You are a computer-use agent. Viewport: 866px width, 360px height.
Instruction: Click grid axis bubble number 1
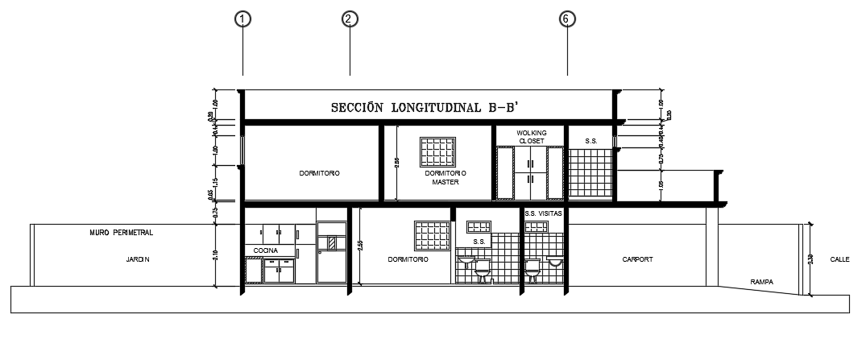(x=242, y=19)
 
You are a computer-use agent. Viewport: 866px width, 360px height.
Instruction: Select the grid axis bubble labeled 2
(x=349, y=19)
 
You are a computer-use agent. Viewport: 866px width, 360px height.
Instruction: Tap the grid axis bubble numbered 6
(x=568, y=19)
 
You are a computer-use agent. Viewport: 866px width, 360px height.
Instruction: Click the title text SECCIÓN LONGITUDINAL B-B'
(x=429, y=107)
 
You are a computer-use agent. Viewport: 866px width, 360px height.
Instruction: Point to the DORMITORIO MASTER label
(x=444, y=177)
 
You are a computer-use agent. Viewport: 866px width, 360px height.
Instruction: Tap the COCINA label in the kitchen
(x=266, y=250)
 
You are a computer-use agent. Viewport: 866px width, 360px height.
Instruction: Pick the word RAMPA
(x=761, y=282)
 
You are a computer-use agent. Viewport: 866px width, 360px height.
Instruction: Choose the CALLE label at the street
(x=839, y=259)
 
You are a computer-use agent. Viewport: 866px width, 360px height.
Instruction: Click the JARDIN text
(x=138, y=259)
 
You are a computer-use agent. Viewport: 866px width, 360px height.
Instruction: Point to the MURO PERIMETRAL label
(x=121, y=232)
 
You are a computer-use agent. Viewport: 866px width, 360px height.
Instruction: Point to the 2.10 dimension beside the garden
(x=215, y=255)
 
